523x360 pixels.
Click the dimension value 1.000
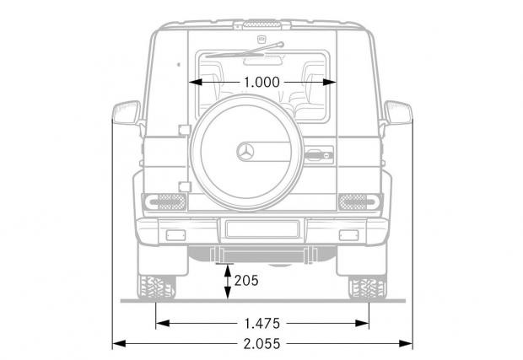point(261,83)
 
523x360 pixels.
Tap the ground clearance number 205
point(246,281)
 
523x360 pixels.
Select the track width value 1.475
point(262,324)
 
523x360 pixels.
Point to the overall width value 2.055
point(261,344)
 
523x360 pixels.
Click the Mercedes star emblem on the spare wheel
point(245,152)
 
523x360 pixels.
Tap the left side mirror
point(127,113)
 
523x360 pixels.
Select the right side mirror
point(398,113)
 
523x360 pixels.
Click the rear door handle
point(319,155)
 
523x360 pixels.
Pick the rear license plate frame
point(262,229)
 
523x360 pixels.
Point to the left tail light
point(165,202)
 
